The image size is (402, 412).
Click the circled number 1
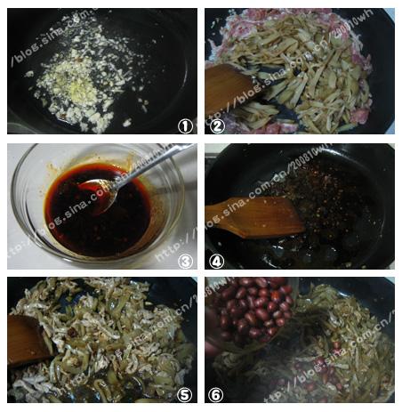pos(184,125)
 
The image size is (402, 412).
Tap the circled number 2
pos(215,125)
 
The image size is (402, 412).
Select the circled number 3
pos(185,261)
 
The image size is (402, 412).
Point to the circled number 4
pos(215,260)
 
